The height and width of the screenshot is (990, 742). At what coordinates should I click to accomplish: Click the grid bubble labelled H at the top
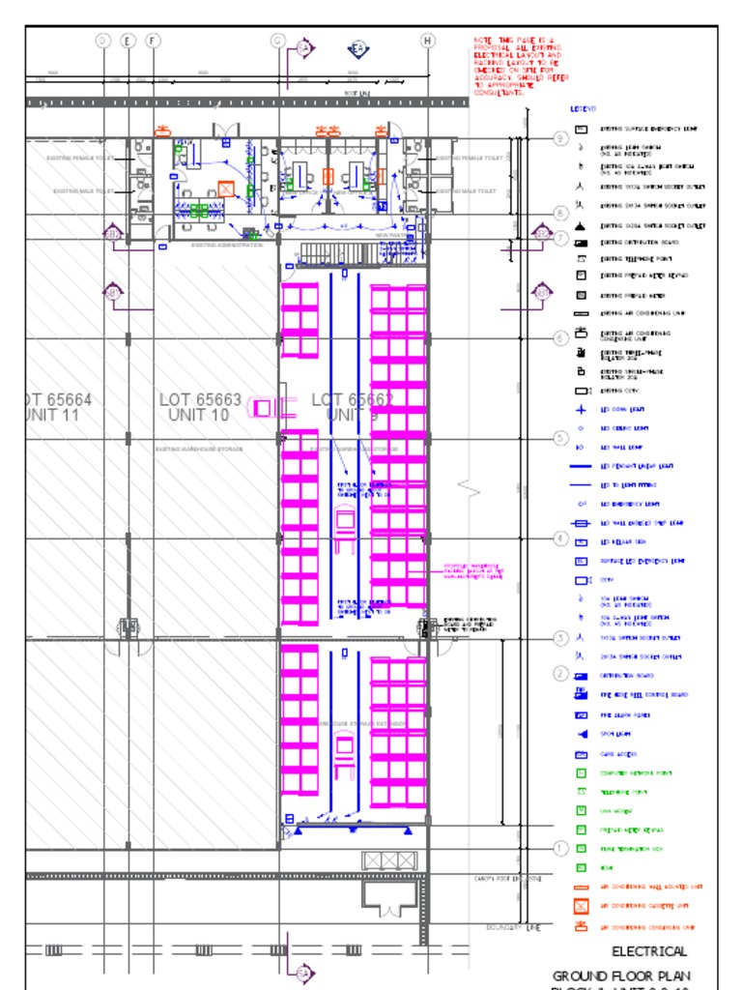pyautogui.click(x=428, y=40)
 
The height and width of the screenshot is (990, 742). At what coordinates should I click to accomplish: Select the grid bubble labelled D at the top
pyautogui.click(x=103, y=40)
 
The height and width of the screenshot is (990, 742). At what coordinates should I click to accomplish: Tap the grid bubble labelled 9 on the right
pyautogui.click(x=560, y=138)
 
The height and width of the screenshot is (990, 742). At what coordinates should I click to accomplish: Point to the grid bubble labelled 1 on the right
pyautogui.click(x=560, y=848)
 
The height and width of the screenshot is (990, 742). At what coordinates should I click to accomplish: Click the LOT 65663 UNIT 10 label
pyautogui.click(x=200, y=406)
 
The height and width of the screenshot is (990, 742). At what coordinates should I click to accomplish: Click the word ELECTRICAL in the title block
pyautogui.click(x=649, y=951)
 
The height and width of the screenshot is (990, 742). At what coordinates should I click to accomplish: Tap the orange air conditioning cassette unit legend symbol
pyautogui.click(x=582, y=907)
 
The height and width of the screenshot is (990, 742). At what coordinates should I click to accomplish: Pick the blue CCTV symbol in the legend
pyautogui.click(x=582, y=580)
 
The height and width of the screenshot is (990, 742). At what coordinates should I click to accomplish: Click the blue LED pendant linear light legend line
pyautogui.click(x=581, y=466)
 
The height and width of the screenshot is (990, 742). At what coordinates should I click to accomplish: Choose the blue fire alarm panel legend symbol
pyautogui.click(x=582, y=715)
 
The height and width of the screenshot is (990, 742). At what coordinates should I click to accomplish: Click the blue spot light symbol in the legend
pyautogui.click(x=582, y=735)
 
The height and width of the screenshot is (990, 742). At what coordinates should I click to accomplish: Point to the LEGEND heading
pyautogui.click(x=584, y=109)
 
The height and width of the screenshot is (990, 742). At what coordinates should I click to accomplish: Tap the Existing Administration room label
pyautogui.click(x=227, y=245)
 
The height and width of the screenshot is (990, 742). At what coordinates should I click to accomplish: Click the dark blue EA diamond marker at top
pyautogui.click(x=357, y=49)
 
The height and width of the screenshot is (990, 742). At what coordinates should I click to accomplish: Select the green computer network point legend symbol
pyautogui.click(x=582, y=773)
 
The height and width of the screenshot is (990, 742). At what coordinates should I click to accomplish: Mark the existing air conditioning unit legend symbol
pyautogui.click(x=582, y=314)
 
